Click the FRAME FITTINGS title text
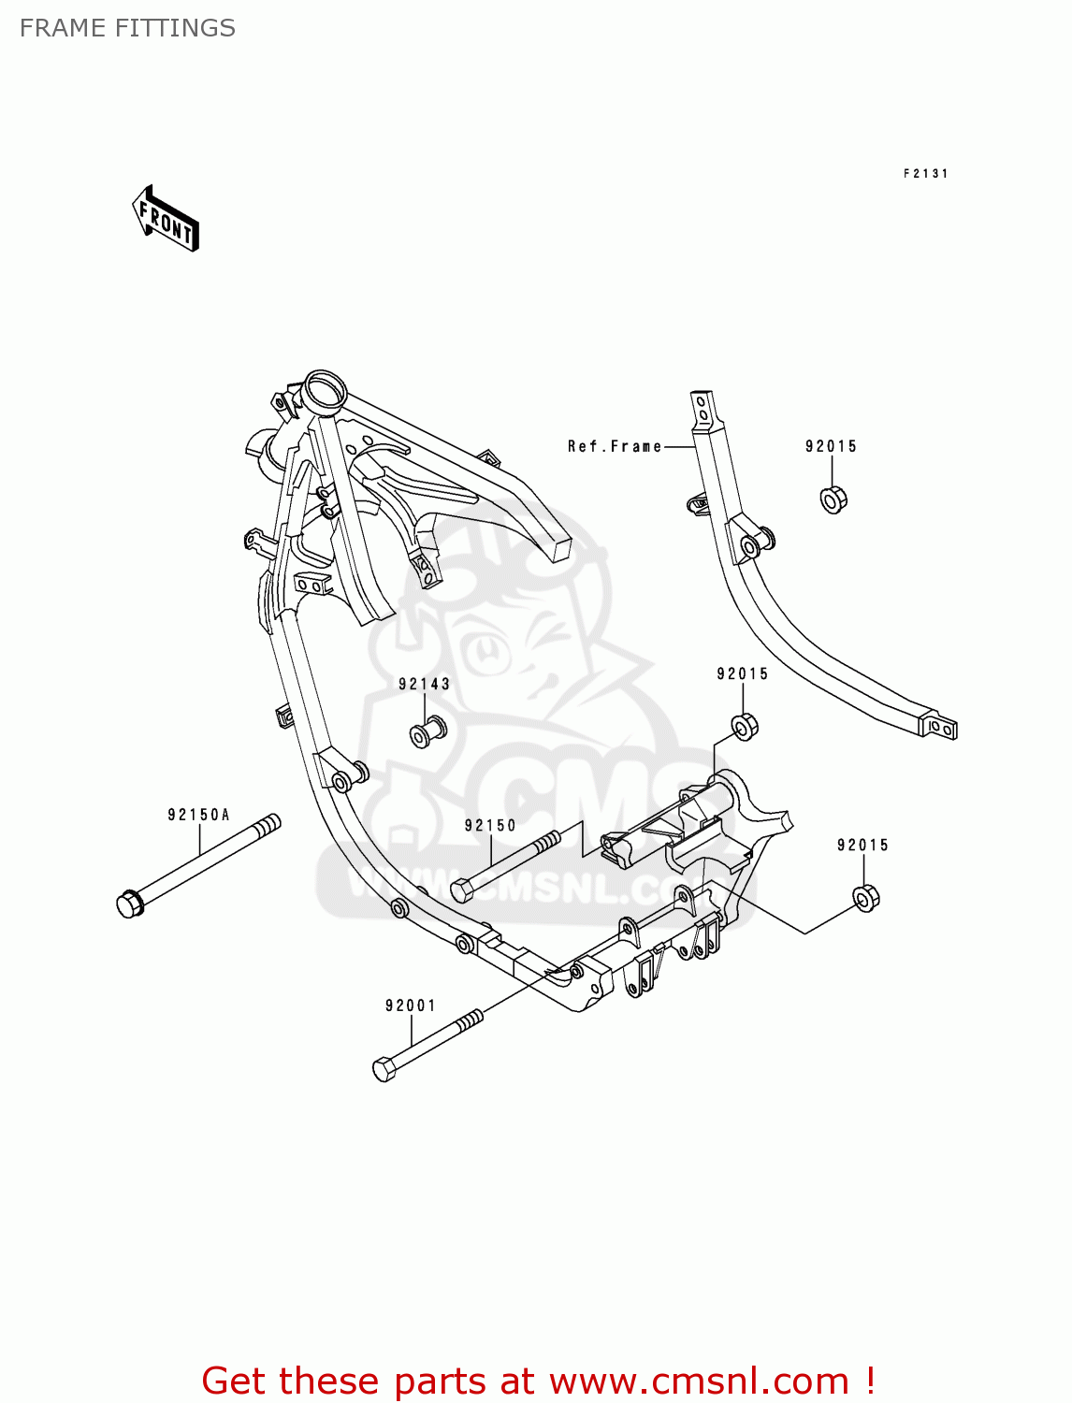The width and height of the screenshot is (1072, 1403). tap(127, 28)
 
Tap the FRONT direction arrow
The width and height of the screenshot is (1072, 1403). tap(166, 220)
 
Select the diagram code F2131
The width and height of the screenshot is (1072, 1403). tap(925, 173)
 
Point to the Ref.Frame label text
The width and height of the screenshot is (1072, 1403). tap(614, 446)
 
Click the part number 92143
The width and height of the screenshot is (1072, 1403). tap(424, 684)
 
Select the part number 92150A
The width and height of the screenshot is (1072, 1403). tap(198, 815)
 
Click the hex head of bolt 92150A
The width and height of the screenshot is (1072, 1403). tap(129, 904)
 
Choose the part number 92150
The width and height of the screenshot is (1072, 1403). tap(490, 825)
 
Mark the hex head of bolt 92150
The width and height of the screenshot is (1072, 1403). tap(462, 890)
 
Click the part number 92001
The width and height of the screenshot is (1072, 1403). tap(411, 1005)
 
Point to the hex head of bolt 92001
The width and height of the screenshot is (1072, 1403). tap(384, 1068)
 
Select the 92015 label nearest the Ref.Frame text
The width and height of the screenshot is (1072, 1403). tap(831, 446)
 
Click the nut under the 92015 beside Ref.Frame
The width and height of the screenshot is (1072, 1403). tap(833, 499)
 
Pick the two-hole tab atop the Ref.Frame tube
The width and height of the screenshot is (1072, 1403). tap(703, 409)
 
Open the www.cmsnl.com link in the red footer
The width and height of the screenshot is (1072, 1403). tap(699, 1381)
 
